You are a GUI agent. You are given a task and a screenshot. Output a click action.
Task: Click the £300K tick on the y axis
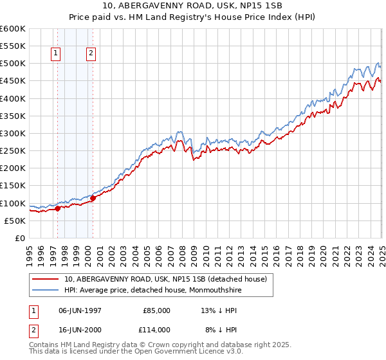click(13, 133)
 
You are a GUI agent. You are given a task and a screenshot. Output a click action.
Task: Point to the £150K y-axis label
click(13, 186)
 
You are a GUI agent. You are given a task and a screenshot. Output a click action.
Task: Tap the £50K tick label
click(15, 221)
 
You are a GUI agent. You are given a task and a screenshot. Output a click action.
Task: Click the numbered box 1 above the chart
click(57, 54)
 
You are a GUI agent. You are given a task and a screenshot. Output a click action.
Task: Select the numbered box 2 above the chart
click(91, 54)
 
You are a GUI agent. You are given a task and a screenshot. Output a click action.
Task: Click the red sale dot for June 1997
click(57, 208)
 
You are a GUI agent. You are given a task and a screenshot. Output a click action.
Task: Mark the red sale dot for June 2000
click(93, 198)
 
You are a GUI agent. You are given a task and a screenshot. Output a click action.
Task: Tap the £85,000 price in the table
click(157, 310)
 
